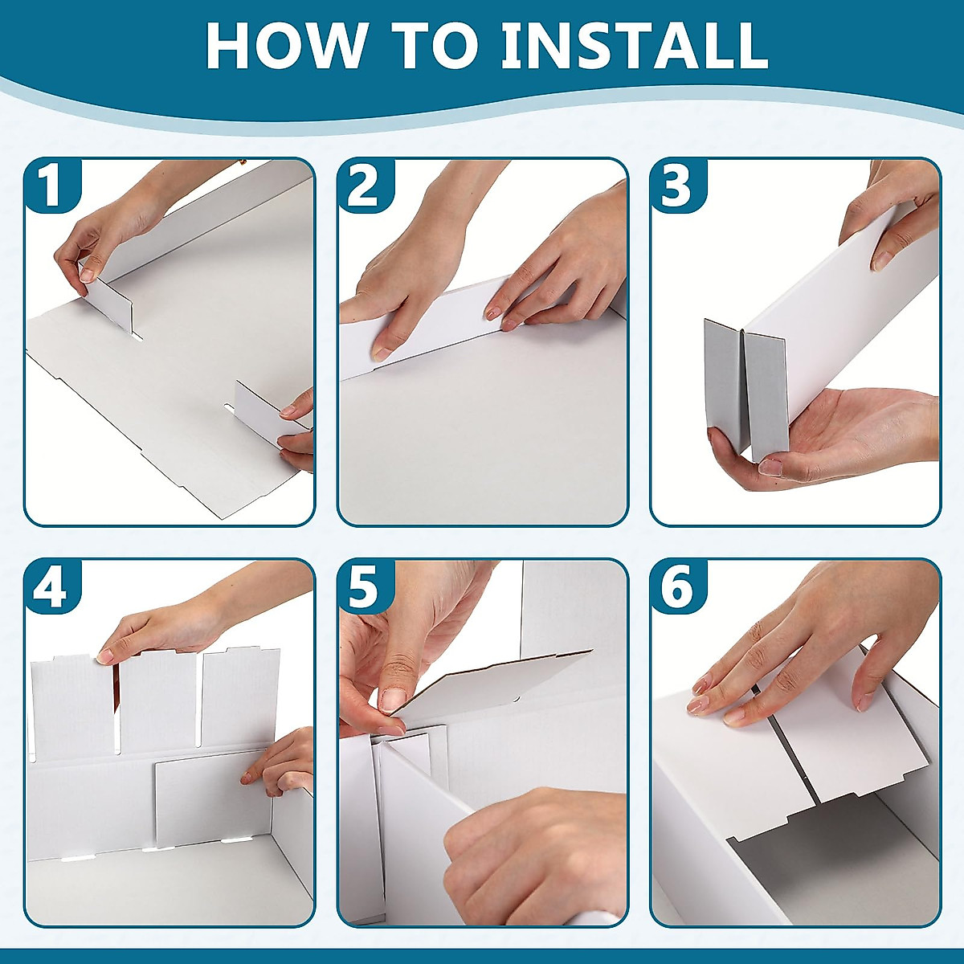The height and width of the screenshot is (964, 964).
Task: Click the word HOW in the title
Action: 284,45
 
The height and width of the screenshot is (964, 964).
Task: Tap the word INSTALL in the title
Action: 634,45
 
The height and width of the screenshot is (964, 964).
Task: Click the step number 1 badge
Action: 52,186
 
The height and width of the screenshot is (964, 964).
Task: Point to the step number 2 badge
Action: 364,186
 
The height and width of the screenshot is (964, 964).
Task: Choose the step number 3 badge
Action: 677,186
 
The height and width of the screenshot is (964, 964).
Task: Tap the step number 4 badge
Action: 52,586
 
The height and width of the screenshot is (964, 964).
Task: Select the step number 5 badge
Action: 364,586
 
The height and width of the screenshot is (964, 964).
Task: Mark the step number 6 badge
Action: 677,586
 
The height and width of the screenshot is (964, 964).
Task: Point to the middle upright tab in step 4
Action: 157,701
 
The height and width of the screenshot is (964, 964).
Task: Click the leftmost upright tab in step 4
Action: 72,705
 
